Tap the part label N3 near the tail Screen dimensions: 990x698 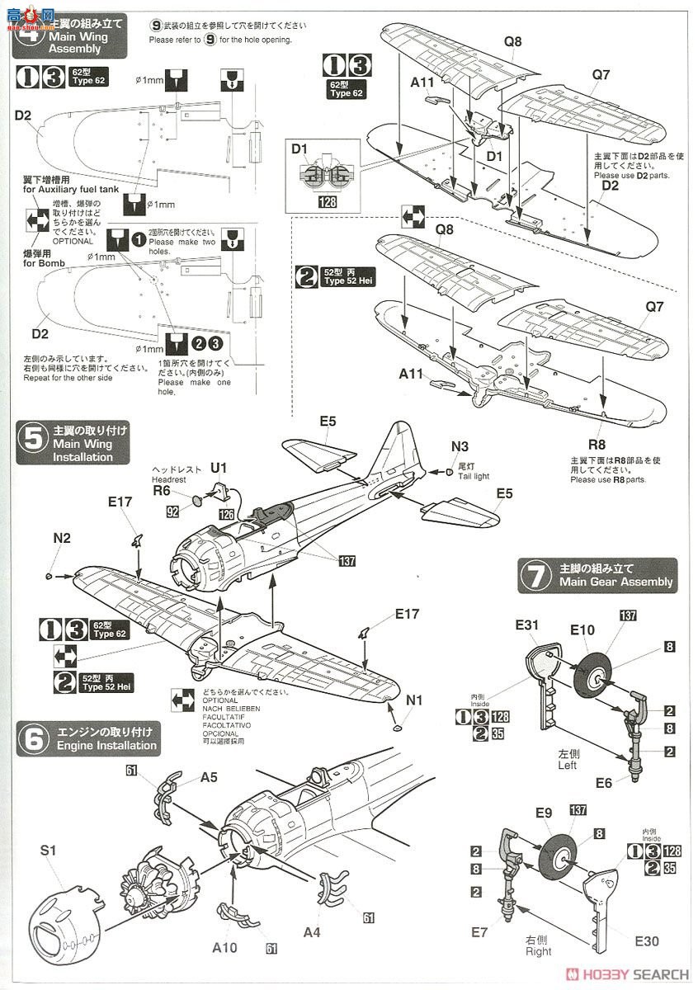[x=460, y=447]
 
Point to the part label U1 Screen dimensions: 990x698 [x=219, y=468]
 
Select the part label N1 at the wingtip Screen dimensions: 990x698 [x=413, y=700]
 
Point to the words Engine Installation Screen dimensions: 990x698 [x=106, y=745]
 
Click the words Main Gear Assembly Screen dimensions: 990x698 [x=615, y=582]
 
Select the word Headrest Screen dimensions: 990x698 [x=169, y=479]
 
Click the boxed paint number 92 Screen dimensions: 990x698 [x=172, y=511]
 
